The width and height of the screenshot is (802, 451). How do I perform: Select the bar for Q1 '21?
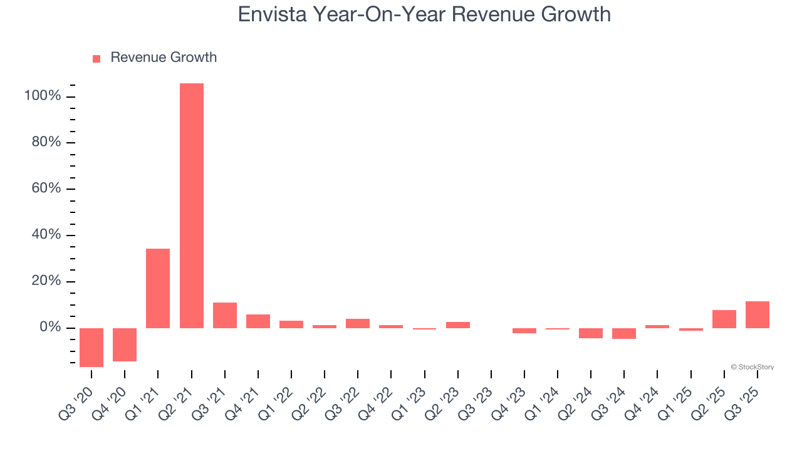tap(158, 288)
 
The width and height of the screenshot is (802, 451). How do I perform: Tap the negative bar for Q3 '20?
tap(91, 347)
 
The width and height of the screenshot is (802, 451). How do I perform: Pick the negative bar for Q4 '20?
tap(125, 345)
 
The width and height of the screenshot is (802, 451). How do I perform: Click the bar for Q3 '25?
tap(757, 314)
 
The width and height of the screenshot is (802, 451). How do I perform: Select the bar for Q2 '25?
tap(724, 319)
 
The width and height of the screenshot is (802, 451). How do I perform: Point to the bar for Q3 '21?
tap(224, 315)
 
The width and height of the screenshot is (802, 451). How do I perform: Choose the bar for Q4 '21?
tap(258, 321)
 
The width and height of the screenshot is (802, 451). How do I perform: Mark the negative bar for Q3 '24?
tap(624, 333)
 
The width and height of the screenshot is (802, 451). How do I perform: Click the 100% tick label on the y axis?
tap(43, 96)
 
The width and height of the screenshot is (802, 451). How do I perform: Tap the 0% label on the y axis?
tap(49, 328)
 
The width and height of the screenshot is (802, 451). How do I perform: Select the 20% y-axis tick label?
tap(46, 281)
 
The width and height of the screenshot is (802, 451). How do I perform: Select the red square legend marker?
tap(96, 59)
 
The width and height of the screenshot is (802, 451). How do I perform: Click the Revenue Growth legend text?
tap(164, 58)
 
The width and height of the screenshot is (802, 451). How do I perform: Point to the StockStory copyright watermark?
tap(752, 367)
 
